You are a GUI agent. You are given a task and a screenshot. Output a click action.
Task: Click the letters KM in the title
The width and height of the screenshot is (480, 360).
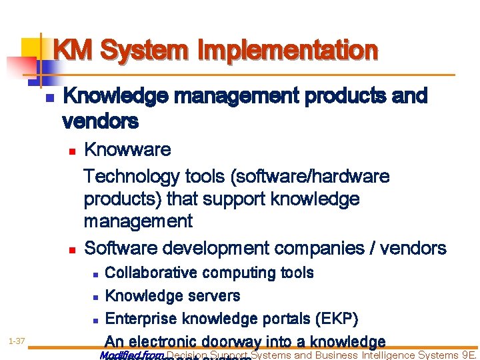[73, 50]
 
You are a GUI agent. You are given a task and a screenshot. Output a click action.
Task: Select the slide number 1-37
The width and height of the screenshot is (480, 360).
[17, 342]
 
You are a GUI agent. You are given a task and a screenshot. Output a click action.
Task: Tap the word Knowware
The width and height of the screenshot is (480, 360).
[127, 149]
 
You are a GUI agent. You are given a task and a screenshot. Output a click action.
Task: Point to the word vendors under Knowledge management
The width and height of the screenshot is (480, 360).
[100, 121]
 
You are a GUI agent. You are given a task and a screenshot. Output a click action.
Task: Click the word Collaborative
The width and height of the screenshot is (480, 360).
[151, 273]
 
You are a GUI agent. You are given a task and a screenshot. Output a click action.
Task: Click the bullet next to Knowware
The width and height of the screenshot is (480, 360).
[72, 151]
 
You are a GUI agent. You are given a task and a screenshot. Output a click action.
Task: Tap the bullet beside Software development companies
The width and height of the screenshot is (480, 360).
[72, 250]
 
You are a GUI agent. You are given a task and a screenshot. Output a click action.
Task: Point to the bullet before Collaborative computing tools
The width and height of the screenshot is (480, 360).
[95, 274]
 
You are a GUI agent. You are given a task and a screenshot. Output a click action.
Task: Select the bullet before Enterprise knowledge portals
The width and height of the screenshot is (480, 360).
[95, 319]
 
